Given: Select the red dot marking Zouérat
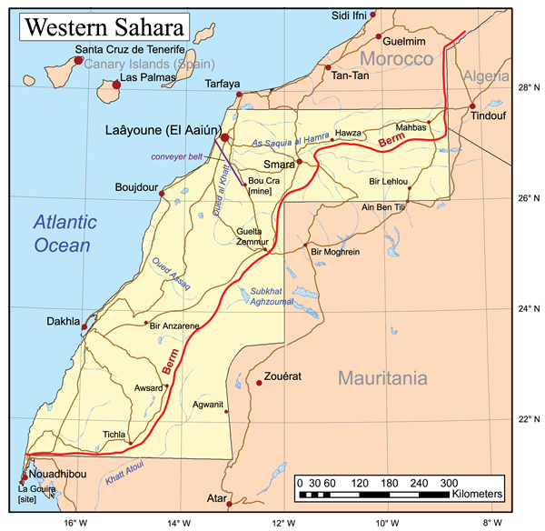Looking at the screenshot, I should pyautogui.click(x=259, y=383).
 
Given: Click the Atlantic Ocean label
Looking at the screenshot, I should pyautogui.click(x=63, y=233).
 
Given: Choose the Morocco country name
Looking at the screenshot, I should pyautogui.click(x=397, y=60).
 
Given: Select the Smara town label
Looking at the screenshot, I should pyautogui.click(x=279, y=166).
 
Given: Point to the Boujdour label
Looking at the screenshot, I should pyautogui.click(x=136, y=188).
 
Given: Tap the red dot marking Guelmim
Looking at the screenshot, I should pyautogui.click(x=379, y=36).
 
